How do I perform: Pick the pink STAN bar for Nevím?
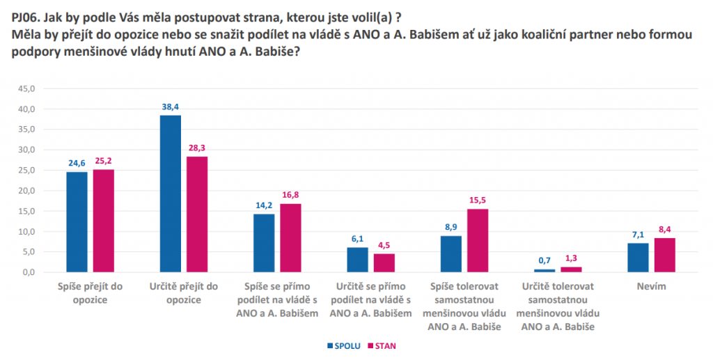[664, 255]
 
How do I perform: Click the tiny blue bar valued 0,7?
[544, 270]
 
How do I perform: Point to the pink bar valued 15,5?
[477, 240]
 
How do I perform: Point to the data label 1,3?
[571, 259]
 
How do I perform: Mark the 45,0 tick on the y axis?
[26, 88]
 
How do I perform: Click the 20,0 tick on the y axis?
[26, 191]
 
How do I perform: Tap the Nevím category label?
[651, 286]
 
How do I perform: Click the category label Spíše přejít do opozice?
[90, 293]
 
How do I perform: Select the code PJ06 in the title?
[26, 10]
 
